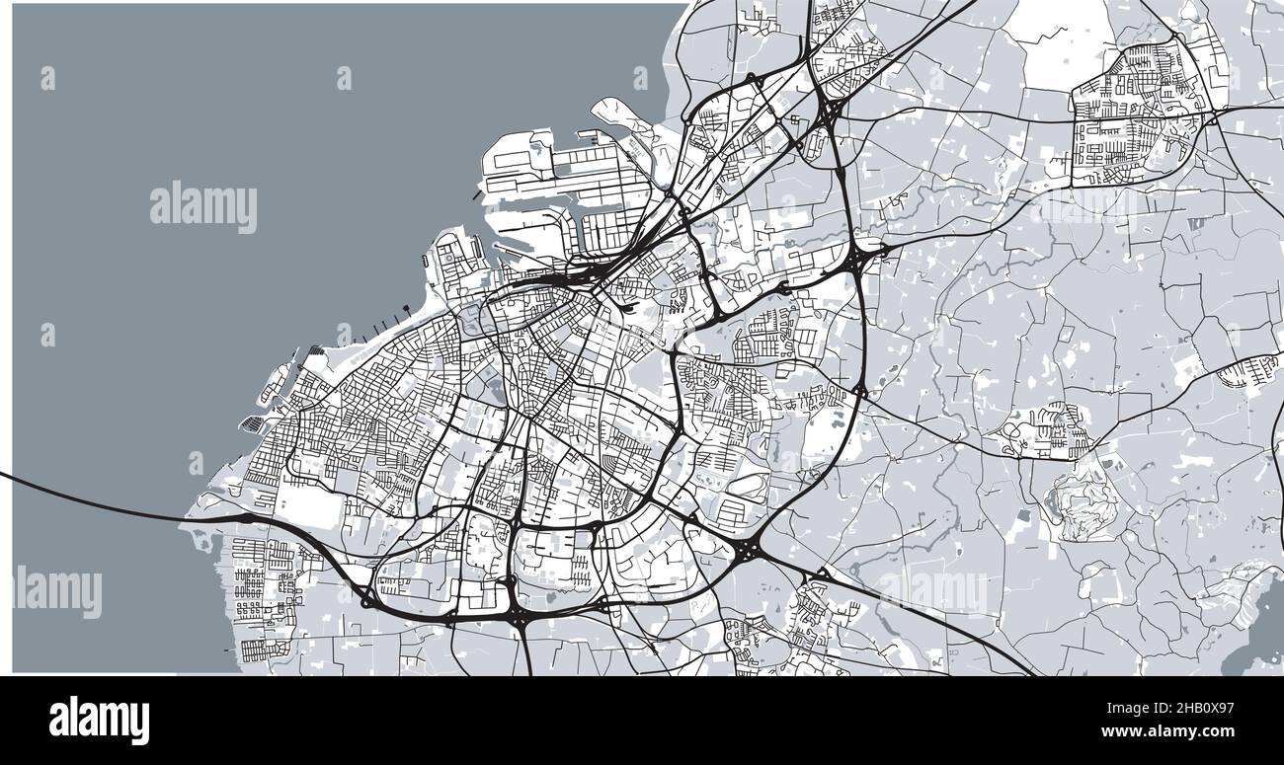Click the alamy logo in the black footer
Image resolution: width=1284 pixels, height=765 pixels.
[99, 720]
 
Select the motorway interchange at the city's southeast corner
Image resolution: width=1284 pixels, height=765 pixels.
[746, 547]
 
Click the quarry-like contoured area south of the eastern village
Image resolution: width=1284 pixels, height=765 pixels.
[1083, 503]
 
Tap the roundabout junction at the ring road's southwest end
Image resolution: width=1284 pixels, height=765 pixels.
[367, 598]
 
